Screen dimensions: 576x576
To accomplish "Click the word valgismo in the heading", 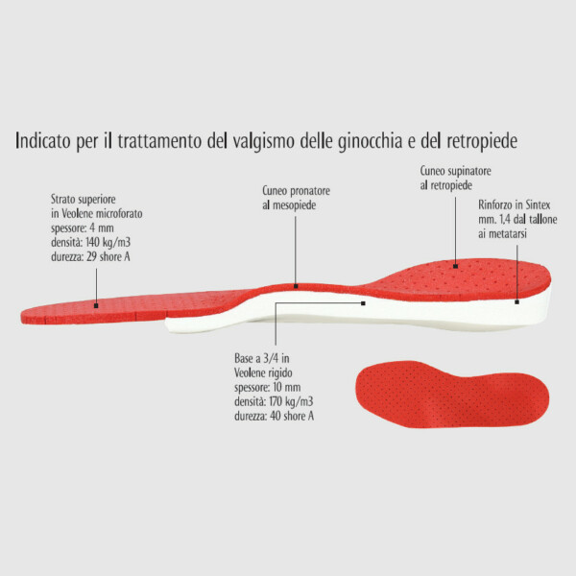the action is point(263,141).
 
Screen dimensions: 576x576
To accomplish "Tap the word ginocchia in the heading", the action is point(371,141).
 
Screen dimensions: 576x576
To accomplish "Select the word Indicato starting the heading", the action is point(42,140).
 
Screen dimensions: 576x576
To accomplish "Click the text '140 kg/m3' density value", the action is point(108,243).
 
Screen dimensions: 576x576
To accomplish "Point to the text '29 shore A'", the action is point(108,256).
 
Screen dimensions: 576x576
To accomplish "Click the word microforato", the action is point(119,214).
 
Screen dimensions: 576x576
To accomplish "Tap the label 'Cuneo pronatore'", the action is point(296,191).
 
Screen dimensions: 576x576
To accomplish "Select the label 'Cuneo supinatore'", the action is point(455,171).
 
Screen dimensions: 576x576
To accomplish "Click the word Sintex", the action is point(538,204).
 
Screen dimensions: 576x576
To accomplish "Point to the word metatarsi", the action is point(507,233).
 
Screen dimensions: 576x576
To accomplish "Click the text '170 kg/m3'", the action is point(291,401).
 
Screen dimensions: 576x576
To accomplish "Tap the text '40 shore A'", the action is point(292,416).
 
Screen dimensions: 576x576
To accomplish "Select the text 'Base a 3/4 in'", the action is point(262,358).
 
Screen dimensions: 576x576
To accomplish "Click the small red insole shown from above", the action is point(452,395).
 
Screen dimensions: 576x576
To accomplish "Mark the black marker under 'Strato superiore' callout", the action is point(96,305).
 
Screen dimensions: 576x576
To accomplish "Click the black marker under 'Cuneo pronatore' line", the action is point(296,286).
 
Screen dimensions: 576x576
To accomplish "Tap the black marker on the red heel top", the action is point(455,266).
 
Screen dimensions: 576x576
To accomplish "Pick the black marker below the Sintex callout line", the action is point(516,302).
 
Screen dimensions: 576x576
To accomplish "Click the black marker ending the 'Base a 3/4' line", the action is point(363,303).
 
